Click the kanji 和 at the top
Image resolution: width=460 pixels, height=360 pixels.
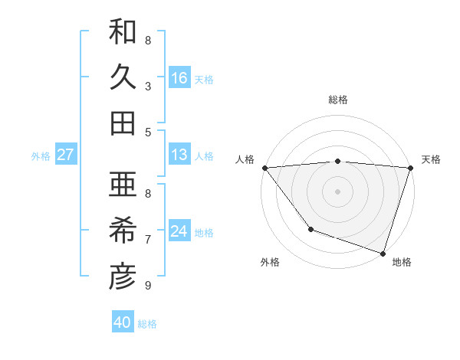[123, 32]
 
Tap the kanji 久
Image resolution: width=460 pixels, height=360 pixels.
[123, 77]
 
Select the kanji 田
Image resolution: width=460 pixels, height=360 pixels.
[123, 123]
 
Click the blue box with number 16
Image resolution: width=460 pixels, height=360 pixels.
[179, 78]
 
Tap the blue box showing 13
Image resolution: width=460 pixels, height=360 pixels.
[179, 155]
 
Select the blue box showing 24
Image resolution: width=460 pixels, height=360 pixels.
[179, 231]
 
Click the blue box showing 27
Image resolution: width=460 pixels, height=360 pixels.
[65, 155]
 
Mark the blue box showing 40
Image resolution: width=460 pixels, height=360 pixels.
[123, 322]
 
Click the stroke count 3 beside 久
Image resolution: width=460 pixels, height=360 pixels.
[148, 86]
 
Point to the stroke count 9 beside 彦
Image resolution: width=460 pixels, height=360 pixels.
[148, 286]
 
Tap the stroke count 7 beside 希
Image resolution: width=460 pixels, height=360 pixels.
[148, 240]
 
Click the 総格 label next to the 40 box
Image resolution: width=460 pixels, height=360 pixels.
[147, 324]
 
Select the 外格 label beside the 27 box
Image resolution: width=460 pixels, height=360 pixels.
[41, 156]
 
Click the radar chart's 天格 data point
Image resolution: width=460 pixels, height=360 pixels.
[410, 168]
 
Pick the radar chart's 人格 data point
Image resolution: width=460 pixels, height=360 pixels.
[264, 168]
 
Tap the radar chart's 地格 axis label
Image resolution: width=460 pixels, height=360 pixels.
[402, 262]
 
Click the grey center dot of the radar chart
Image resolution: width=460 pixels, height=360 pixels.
[337, 191]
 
